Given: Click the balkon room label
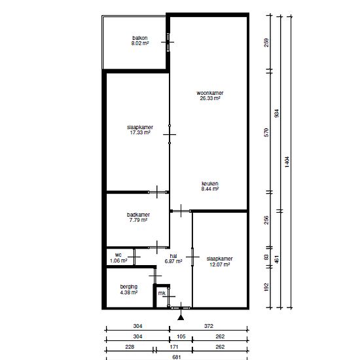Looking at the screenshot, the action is tap(140, 38).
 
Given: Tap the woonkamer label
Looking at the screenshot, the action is tap(210, 93).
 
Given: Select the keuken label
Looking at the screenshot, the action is tap(210, 183).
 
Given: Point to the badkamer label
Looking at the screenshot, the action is tap(138, 215).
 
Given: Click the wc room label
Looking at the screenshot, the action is tap(118, 255).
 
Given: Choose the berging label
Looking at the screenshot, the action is tap(129, 287).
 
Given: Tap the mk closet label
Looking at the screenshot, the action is tap(162, 293).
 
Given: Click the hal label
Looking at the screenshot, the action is tap(173, 256).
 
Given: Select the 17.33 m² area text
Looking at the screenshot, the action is tap(140, 132).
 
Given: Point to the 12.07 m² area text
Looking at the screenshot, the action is tap(220, 264).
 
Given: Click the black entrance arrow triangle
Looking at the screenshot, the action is tap(181, 317).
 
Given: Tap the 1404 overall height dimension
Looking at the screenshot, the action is tap(287, 162).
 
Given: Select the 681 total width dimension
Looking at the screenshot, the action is tap(176, 357).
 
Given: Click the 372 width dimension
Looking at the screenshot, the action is tap(209, 326).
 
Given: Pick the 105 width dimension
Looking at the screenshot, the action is tap(181, 336).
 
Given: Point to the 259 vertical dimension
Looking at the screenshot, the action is tap(266, 43).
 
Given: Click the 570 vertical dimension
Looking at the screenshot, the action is tap(266, 132).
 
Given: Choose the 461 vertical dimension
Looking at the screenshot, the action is tap(277, 259).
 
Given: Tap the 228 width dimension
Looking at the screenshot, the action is tap(130, 347).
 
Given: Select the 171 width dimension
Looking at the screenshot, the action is tap(174, 347).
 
